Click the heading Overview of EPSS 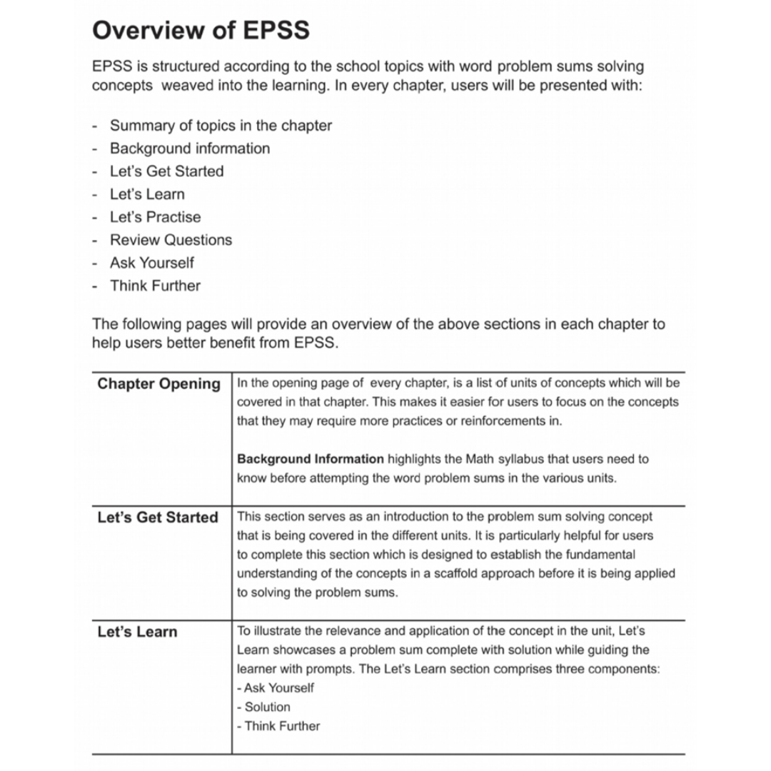click(201, 31)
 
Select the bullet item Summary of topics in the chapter click(221, 126)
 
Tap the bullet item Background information click(190, 148)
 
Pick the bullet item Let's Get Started click(166, 171)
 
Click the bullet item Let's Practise click(155, 217)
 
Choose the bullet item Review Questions click(171, 240)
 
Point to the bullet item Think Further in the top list click(155, 286)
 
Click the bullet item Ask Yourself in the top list click(151, 263)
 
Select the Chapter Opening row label click(158, 384)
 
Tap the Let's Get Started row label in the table click(157, 518)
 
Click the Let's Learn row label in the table click(137, 632)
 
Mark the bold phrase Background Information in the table click(310, 459)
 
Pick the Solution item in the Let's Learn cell click(267, 707)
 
